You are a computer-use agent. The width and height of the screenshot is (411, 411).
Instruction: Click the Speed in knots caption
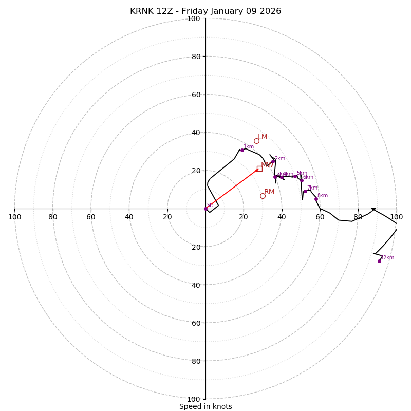(x=206, y=406)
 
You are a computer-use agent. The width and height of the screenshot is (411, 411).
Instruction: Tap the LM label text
(x=263, y=137)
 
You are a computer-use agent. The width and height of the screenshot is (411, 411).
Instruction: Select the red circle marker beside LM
(x=256, y=141)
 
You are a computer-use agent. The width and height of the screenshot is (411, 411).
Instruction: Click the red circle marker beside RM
(x=263, y=196)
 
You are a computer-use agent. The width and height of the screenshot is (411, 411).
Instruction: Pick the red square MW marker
(x=259, y=169)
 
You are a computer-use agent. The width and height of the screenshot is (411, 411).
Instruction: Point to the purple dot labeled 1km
(x=242, y=150)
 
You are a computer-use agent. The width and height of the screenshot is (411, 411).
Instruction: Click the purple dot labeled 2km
(x=273, y=161)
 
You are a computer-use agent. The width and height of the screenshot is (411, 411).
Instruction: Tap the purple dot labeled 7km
(x=305, y=191)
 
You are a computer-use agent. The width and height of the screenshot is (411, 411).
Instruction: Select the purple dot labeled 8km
(x=316, y=199)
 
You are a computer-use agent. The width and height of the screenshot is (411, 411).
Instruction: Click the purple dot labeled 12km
(x=379, y=261)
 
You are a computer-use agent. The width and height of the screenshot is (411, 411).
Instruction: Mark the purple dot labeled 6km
(x=302, y=180)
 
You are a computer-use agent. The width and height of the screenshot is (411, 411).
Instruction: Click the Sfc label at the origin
(x=210, y=205)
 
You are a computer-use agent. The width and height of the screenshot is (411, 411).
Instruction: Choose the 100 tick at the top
(x=194, y=18)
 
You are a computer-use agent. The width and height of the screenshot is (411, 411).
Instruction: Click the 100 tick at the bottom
(x=194, y=399)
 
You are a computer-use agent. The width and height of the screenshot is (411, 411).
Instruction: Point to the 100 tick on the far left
(x=15, y=217)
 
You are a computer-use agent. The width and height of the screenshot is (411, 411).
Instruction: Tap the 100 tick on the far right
(x=396, y=217)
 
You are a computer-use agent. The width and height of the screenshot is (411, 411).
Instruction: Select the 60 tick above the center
(x=195, y=95)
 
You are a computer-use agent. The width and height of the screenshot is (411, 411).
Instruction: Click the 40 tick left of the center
(x=129, y=217)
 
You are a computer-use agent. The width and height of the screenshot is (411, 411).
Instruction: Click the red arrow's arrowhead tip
(x=258, y=169)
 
